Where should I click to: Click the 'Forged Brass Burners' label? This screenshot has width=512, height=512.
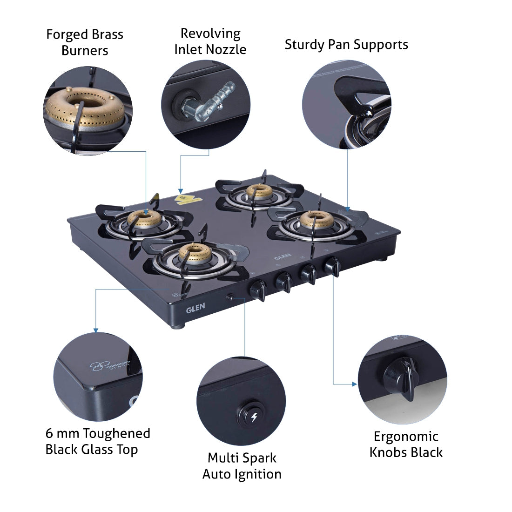(x=85, y=42)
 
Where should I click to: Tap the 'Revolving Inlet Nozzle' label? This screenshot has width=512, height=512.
(x=210, y=41)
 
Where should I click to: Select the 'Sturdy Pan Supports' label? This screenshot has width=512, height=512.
(x=346, y=45)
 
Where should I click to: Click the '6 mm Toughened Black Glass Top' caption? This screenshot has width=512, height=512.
(x=98, y=441)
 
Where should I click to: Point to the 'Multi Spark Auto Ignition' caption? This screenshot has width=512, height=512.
(x=242, y=466)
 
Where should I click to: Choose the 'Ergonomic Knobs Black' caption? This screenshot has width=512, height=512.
(x=406, y=445)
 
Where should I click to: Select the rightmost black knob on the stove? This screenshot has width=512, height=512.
(x=332, y=265)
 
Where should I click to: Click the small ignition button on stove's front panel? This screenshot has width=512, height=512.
(x=229, y=297)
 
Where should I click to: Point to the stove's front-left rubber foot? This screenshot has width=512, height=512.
(x=177, y=326)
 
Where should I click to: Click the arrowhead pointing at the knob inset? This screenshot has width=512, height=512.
(x=355, y=384)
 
